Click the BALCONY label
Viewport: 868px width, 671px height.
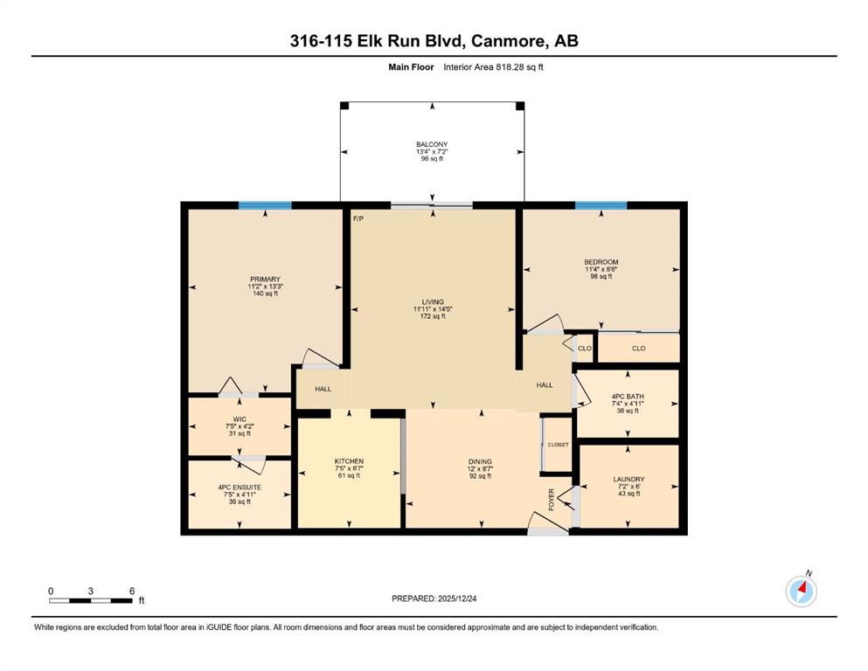tap(432, 144)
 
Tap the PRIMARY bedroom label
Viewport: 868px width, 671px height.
tap(265, 280)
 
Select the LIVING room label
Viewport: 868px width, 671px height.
tap(433, 302)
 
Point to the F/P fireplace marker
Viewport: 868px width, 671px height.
tap(358, 219)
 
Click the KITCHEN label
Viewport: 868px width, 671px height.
tap(349, 461)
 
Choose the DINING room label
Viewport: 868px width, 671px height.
tap(480, 461)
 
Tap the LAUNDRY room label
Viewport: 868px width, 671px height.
tap(628, 479)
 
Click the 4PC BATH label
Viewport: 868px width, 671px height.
tap(628, 397)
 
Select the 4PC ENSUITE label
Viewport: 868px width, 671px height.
tap(240, 488)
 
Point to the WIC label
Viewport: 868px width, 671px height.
tap(240, 419)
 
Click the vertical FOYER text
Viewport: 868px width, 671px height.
tap(552, 500)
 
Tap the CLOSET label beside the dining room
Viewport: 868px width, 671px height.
tap(558, 445)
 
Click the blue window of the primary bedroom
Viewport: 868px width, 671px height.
tap(265, 206)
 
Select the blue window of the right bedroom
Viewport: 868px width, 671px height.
tap(601, 206)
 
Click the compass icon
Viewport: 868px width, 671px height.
tap(801, 591)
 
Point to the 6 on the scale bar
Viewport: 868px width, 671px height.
tap(132, 591)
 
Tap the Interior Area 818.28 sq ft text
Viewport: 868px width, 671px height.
tap(493, 67)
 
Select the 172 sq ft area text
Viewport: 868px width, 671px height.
tap(433, 316)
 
